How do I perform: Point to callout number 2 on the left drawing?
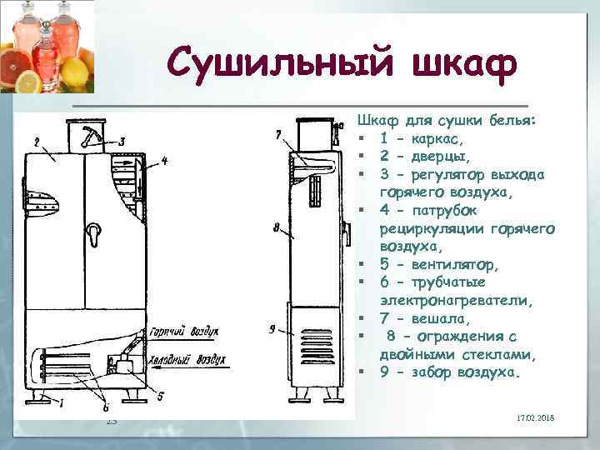37,142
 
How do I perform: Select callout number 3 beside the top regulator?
122,141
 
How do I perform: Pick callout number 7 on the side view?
277,135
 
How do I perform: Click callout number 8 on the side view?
275,225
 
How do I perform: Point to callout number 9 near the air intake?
272,329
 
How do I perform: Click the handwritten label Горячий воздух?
184,331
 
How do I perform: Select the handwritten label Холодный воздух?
187,361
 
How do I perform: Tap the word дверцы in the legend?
438,156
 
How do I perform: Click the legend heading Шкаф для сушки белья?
441,120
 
